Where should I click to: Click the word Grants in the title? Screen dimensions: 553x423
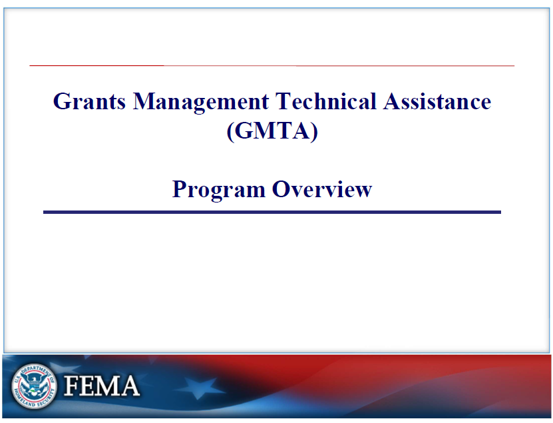pos(89,102)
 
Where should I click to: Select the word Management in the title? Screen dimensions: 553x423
pos(201,103)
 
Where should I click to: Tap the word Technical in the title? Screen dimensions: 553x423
pos(326,101)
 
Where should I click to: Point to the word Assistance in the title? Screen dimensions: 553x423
pos(437,101)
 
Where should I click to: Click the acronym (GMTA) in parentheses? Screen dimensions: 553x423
pos(272,131)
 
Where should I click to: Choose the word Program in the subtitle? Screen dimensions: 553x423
pos(219,190)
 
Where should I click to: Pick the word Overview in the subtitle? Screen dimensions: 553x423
pos(322,189)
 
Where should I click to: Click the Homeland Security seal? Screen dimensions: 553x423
pos(34,386)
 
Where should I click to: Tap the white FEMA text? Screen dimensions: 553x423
pos(102,386)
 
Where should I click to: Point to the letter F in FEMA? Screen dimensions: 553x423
pos(72,386)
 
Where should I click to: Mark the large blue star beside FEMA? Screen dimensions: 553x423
pos(199,386)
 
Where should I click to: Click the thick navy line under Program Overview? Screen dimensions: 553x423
pos(272,212)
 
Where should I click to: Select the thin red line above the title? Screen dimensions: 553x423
pos(272,66)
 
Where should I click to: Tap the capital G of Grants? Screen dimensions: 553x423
pos(61,101)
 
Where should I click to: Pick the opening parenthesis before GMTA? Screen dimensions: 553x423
pos(230,132)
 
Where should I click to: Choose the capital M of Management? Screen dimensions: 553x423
pos(144,101)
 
